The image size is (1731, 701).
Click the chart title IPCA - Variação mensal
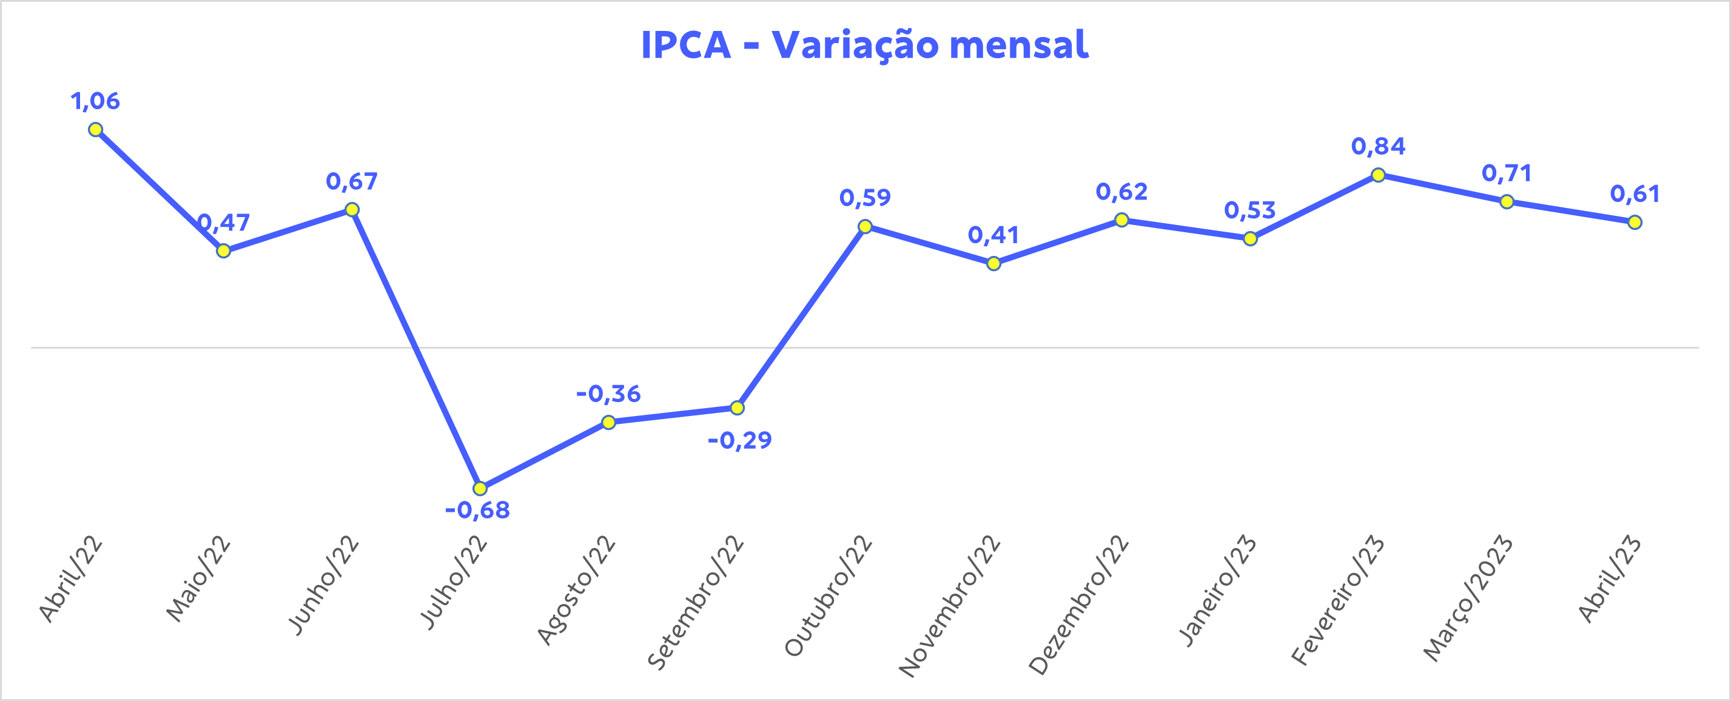pyautogui.click(x=864, y=45)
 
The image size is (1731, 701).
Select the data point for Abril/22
pyautogui.click(x=95, y=130)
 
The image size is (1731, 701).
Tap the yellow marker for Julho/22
pyautogui.click(x=480, y=488)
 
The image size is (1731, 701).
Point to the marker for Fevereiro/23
pyautogui.click(x=1378, y=175)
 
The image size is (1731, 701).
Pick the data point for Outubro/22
pyautogui.click(x=865, y=227)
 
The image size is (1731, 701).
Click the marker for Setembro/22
pyautogui.click(x=737, y=408)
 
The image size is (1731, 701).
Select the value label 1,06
pyautogui.click(x=95, y=101)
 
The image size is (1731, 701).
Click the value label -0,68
pyautogui.click(x=478, y=511)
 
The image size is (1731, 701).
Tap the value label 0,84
pyautogui.click(x=1378, y=147)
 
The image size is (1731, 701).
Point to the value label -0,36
pyautogui.click(x=609, y=394)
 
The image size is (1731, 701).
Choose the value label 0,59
pyautogui.click(x=865, y=198)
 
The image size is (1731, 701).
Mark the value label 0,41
pyautogui.click(x=993, y=235)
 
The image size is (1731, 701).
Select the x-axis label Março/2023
pyautogui.click(x=1468, y=598)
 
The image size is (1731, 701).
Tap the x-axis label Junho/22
pyautogui.click(x=323, y=585)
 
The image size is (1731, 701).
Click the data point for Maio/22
pyautogui.click(x=224, y=250)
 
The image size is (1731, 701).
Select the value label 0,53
pyautogui.click(x=1250, y=210)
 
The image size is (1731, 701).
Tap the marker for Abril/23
pyautogui.click(x=1635, y=222)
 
